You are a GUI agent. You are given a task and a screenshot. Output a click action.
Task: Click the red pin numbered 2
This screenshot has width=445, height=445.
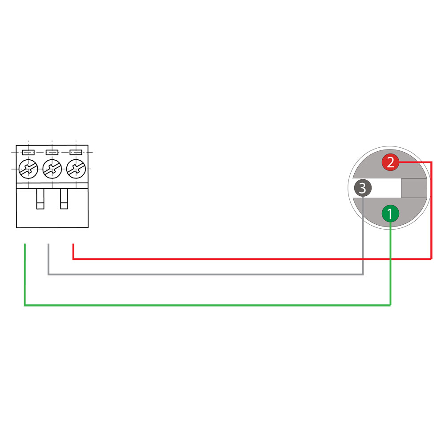pyautogui.click(x=390, y=162)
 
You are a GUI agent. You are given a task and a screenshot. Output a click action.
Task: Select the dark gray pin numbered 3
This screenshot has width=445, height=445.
pyautogui.click(x=362, y=188)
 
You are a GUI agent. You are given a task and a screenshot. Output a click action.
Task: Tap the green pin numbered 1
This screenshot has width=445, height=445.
pyautogui.click(x=390, y=214)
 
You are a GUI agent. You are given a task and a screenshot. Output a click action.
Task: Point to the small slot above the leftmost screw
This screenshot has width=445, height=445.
pyautogui.click(x=28, y=152)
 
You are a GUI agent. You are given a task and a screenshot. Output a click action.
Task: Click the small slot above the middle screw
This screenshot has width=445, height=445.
pyautogui.click(x=52, y=152)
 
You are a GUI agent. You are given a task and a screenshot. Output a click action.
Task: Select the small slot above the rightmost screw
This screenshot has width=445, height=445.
pyautogui.click(x=76, y=152)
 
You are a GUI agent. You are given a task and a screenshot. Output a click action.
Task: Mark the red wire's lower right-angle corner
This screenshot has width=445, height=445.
pyautogui.click(x=431, y=259)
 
